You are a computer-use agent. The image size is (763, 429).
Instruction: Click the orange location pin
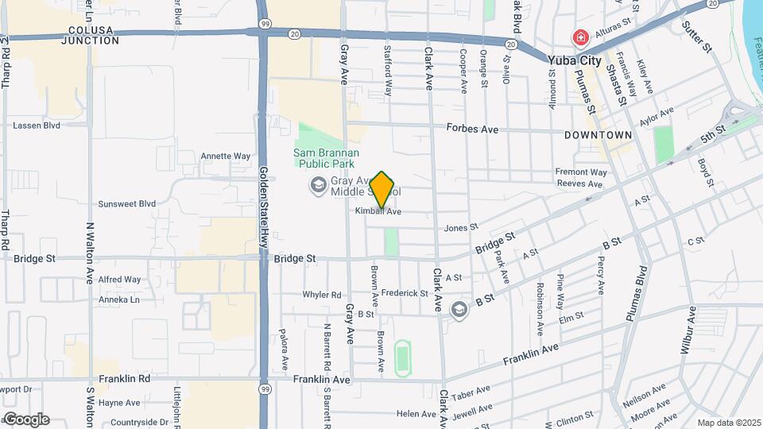[x=382, y=189]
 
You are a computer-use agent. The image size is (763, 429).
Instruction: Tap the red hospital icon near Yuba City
[x=581, y=37]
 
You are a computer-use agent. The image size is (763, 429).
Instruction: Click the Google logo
[x=25, y=419]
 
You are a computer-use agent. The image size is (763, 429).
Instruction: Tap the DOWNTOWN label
[x=598, y=135]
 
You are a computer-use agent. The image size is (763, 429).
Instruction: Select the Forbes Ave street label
[x=472, y=128]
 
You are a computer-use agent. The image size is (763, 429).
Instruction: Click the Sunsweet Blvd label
[x=126, y=203]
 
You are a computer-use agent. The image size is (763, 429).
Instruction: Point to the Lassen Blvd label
[x=37, y=126]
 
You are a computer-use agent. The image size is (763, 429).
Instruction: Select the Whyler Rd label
[x=321, y=295]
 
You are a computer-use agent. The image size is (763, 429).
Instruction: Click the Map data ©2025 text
[x=728, y=423]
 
